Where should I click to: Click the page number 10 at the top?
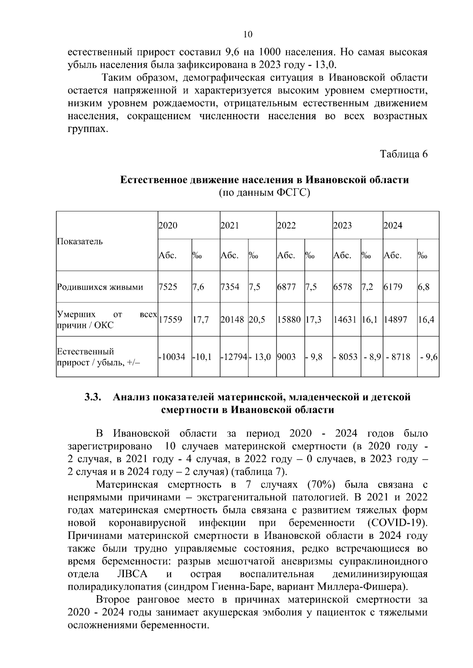pos(248,34)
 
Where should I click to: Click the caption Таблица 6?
pos(404,154)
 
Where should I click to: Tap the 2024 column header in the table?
pos(393,226)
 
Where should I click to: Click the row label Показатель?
pos(80,241)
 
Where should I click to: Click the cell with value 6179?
pos(393,287)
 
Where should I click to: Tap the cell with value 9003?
pos(287,357)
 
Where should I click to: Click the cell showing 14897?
pos(395,320)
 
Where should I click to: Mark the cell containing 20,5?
pos(257,320)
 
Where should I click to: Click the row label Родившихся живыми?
pos(100,287)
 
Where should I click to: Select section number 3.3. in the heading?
pos(93,397)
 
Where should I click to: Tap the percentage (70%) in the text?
pos(318,484)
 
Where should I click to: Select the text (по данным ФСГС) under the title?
pos(264,193)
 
